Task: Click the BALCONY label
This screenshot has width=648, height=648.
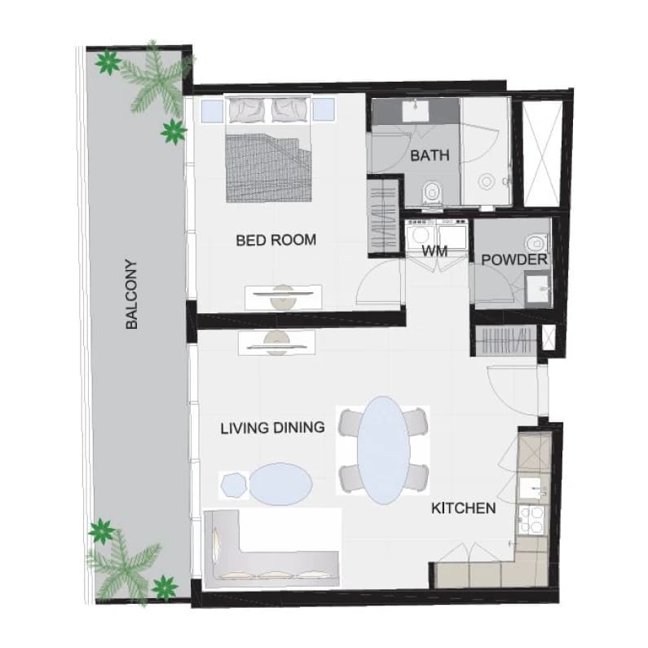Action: click(x=131, y=294)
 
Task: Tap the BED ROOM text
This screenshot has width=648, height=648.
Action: click(x=276, y=240)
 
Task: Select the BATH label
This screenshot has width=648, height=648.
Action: click(x=430, y=156)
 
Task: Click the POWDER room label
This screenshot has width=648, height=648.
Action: click(x=514, y=260)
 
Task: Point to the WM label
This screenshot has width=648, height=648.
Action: click(x=434, y=251)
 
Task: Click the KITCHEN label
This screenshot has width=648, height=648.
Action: click(x=463, y=508)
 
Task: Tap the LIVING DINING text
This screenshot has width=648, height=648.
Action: click(x=273, y=428)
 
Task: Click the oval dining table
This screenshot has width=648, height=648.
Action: click(x=384, y=450)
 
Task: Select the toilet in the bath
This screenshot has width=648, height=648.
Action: click(x=432, y=193)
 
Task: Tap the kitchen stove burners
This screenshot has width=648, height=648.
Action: click(x=531, y=519)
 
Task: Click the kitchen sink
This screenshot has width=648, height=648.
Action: click(x=534, y=489)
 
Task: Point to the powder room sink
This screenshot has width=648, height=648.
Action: click(x=538, y=288)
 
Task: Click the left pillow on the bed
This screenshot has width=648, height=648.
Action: click(x=247, y=110)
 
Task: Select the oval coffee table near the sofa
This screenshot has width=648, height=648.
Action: click(x=280, y=484)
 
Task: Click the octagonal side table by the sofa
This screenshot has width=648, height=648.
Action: click(x=234, y=486)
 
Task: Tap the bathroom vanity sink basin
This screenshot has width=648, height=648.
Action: click(x=416, y=110)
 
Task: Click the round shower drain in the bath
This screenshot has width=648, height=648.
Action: click(x=486, y=181)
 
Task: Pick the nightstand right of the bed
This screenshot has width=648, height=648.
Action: click(x=323, y=110)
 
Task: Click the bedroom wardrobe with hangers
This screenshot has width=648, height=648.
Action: click(x=383, y=216)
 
